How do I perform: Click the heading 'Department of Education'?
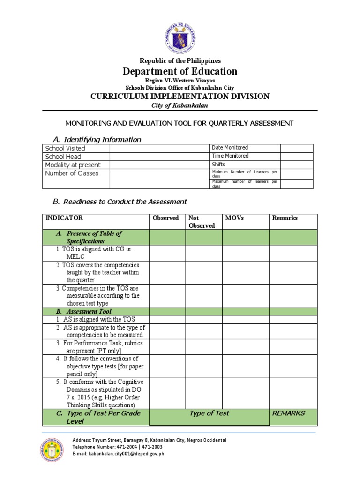point(180,71)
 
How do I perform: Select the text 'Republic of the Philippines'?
point(180,61)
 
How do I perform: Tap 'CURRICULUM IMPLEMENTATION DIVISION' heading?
point(180,96)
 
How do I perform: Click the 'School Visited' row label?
point(65,148)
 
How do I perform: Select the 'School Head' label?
point(63,157)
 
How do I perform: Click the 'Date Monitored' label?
point(230,148)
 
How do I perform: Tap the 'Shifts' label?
point(218,165)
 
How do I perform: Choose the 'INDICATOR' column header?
point(64,218)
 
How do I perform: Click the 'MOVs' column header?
point(234,218)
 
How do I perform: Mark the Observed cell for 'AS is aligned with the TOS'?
point(167,319)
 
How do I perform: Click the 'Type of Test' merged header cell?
point(209,413)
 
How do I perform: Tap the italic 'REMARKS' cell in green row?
point(288,413)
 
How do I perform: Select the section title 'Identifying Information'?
point(102,140)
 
